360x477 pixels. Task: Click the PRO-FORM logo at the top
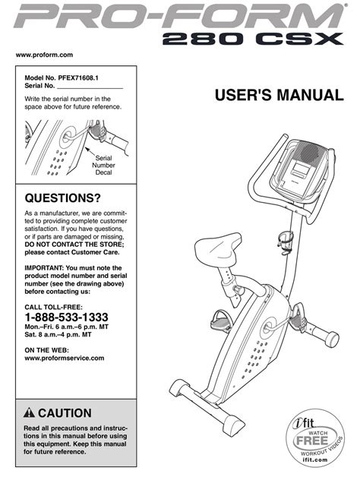click(x=179, y=16)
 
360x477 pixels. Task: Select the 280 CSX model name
click(x=253, y=39)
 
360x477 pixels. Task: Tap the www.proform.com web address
click(x=44, y=55)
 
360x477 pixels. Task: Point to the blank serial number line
click(x=90, y=88)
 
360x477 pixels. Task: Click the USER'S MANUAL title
click(x=279, y=95)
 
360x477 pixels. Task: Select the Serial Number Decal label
click(x=103, y=165)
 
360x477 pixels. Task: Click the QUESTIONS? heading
click(x=62, y=198)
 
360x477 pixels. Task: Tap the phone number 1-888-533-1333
click(x=66, y=317)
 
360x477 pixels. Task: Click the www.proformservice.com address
click(x=65, y=358)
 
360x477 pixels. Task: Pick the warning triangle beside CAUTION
click(x=29, y=412)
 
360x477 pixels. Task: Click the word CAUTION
click(x=65, y=413)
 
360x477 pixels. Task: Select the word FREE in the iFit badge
click(x=312, y=441)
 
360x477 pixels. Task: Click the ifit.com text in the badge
click(x=315, y=460)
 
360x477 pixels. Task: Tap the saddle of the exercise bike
click(x=217, y=248)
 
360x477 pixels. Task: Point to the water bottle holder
click(x=286, y=242)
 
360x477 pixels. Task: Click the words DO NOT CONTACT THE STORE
click(x=74, y=245)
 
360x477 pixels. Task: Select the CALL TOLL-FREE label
click(x=54, y=307)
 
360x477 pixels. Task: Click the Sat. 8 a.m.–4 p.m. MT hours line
click(x=58, y=335)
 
